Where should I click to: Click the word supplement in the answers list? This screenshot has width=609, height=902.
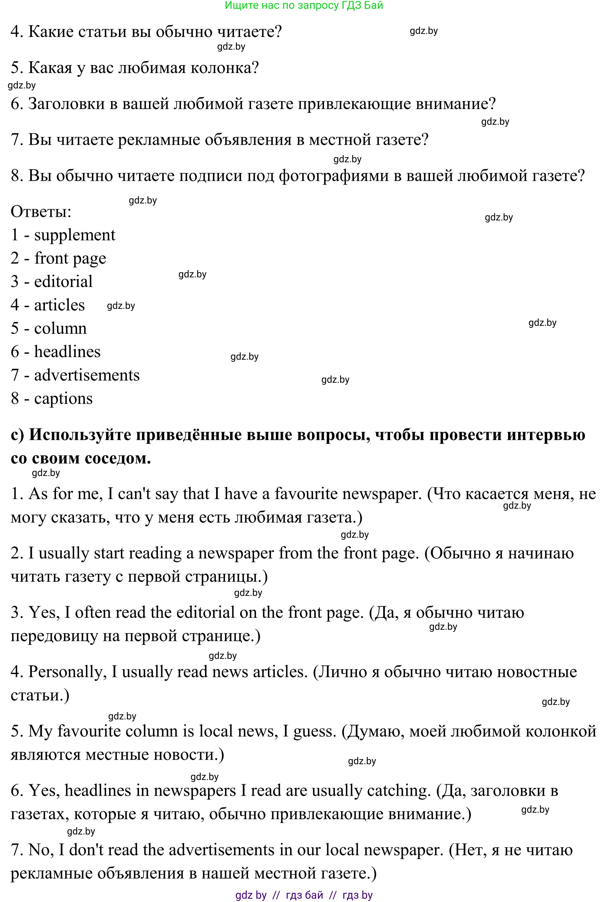pyautogui.click(x=74, y=235)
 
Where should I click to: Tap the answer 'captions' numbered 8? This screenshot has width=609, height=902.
pyautogui.click(x=63, y=398)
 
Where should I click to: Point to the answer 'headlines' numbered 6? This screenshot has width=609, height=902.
pyautogui.click(x=67, y=352)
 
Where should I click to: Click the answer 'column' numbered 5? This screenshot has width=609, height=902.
pyautogui.click(x=60, y=328)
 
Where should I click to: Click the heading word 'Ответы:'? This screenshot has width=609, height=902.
pyautogui.click(x=41, y=212)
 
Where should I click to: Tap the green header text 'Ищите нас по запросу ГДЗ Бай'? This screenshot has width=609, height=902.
pyautogui.click(x=304, y=5)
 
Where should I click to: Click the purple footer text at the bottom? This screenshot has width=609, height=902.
pyautogui.click(x=304, y=895)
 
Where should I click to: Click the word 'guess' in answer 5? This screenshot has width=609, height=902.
pyautogui.click(x=314, y=732)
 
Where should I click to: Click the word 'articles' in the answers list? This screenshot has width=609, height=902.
pyautogui.click(x=59, y=305)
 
